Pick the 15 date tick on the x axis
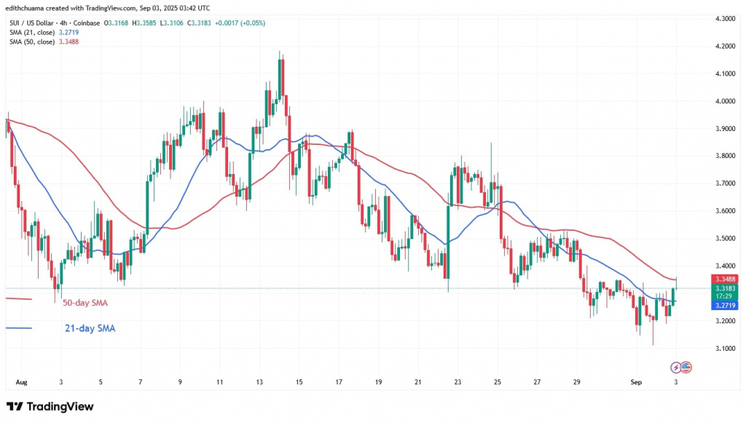[x=299, y=382]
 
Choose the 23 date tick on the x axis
[x=457, y=382]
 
